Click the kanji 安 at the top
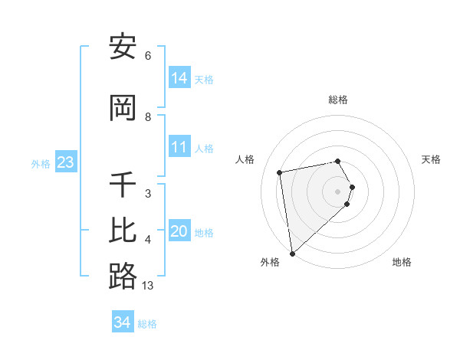coord(123,47)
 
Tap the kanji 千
coord(123,186)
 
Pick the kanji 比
coord(123,231)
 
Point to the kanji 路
coord(123,276)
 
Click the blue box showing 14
coord(179,77)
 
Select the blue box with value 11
coord(179,147)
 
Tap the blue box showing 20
coord(179,231)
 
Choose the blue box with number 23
coord(65,162)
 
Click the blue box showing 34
coord(122,322)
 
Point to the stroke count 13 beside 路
coord(148,286)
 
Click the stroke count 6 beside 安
coord(148,56)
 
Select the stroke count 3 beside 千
coord(148,194)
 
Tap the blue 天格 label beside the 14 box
coord(204,79)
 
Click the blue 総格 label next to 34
coord(147,324)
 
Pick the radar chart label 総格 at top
coord(338,100)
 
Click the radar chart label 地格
coord(402,262)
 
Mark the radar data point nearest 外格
coord(292,253)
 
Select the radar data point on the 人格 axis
coord(280,172)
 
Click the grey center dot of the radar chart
coord(338,191)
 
